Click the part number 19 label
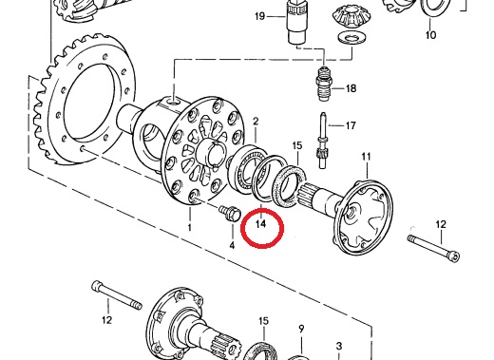point(259,16)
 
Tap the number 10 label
point(430,34)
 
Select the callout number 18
point(351,88)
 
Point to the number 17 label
point(351,125)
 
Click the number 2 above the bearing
point(256,122)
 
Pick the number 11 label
point(366,157)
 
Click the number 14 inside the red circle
point(261,224)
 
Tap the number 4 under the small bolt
point(232,245)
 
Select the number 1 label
point(189,227)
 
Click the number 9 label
point(301,329)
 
